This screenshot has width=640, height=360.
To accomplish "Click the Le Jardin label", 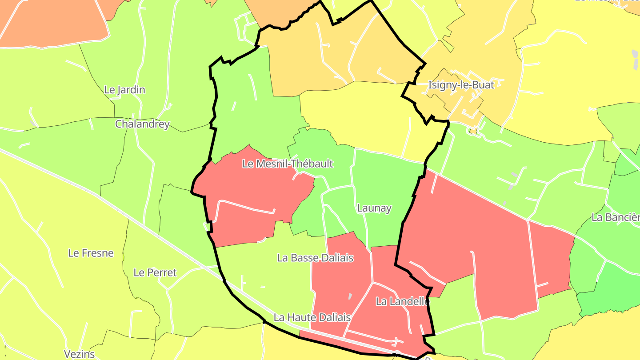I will (x=124, y=90).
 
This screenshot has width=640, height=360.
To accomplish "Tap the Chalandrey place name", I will (x=142, y=124).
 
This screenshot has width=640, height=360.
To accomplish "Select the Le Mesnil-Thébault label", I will (x=288, y=164).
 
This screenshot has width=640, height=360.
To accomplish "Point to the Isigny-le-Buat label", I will (x=461, y=85).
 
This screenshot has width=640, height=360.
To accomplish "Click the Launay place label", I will (x=374, y=208).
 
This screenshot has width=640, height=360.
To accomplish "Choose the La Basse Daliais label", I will (x=315, y=258).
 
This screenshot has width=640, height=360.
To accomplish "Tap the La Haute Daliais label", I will (x=312, y=317).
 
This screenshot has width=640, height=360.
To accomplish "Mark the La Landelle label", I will (x=403, y=301).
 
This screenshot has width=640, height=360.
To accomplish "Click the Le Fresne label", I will (x=91, y=253).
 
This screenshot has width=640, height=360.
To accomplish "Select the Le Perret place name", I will (x=155, y=272).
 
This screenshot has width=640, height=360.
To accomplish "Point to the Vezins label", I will (x=80, y=354).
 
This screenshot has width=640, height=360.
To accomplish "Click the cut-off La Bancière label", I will (x=615, y=217).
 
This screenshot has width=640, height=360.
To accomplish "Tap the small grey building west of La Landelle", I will (x=350, y=296).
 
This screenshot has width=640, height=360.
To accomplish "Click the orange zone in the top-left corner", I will (x=53, y=22).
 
